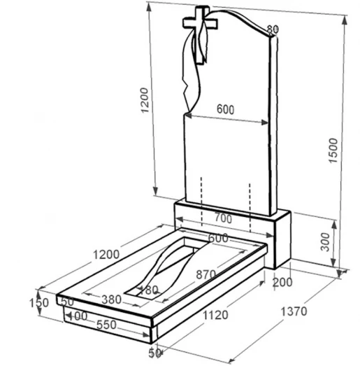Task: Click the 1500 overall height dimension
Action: point(333,150)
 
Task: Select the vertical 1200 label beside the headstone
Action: point(145,100)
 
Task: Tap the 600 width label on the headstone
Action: point(226,109)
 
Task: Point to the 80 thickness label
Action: point(273,29)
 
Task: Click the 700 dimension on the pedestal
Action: point(224,218)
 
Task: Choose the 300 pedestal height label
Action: point(326,242)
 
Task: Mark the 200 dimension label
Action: point(282,283)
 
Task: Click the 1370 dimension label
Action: point(294,311)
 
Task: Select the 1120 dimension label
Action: point(215,316)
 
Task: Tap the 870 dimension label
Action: point(206,275)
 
